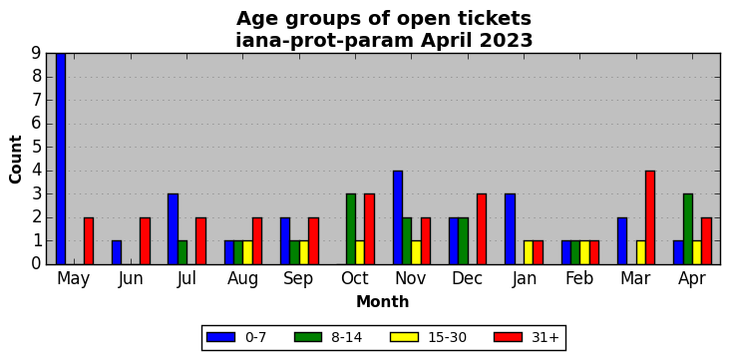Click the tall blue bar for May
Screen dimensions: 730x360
[x=61, y=159]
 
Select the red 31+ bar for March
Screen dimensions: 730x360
[x=650, y=217]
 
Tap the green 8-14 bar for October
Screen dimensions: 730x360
[x=351, y=229]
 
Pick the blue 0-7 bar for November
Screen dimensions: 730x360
[x=398, y=217]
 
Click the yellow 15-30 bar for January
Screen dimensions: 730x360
[x=529, y=252]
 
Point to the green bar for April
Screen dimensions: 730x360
[x=688, y=229]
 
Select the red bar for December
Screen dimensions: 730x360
[x=482, y=229]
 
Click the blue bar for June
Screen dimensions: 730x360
[x=117, y=252]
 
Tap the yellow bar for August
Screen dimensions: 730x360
[x=247, y=252]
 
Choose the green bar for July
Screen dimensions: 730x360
[x=182, y=252]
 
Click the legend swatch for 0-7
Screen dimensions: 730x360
[x=220, y=337]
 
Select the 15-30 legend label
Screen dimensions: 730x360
[x=447, y=338]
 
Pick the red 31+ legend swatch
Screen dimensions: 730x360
[x=508, y=337]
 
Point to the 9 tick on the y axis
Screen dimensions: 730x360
[x=37, y=53]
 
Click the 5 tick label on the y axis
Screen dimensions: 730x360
[x=37, y=148]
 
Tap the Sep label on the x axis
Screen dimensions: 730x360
[x=298, y=278]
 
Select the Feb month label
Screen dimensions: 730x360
[x=579, y=278]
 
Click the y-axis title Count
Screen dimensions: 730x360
[x=16, y=160]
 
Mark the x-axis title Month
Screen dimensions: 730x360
[x=382, y=302]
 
